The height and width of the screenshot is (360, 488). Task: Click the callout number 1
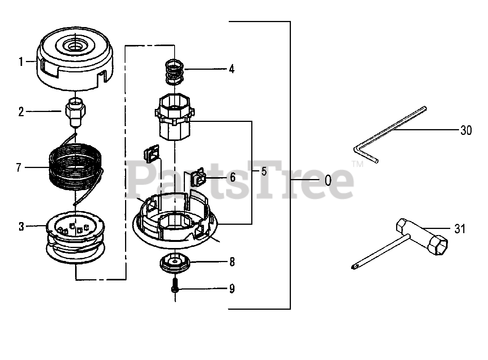point(21,62)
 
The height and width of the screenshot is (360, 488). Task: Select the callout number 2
point(21,112)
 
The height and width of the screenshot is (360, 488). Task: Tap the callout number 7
point(19,168)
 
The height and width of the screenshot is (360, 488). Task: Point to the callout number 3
point(21,227)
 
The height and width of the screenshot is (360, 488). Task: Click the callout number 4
point(232,69)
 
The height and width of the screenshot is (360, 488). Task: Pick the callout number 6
point(233,177)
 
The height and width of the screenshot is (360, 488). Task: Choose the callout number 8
point(232,262)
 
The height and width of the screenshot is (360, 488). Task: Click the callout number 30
point(466,130)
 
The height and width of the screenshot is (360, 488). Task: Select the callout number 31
point(460,229)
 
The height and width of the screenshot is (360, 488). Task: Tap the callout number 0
point(328,180)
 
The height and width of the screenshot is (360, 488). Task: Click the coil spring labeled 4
point(175,72)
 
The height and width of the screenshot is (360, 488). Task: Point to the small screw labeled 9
point(175,285)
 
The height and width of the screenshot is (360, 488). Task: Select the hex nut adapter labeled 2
point(75,112)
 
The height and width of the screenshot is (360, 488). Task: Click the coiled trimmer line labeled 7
point(76,170)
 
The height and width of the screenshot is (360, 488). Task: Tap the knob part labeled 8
point(175,263)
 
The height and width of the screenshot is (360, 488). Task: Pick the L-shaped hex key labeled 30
point(389,134)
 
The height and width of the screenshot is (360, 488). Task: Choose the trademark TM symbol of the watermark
point(357,164)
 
